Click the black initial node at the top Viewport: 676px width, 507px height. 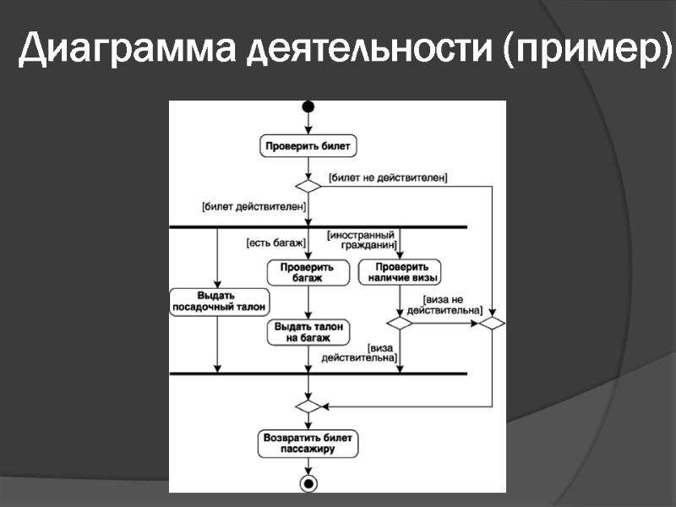click(308, 107)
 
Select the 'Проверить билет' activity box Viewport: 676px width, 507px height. click(308, 146)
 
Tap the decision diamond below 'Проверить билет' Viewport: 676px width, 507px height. click(308, 186)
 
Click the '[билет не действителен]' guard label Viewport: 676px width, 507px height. click(388, 177)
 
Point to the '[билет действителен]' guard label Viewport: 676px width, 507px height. click(253, 205)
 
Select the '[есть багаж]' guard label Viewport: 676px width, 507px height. click(275, 243)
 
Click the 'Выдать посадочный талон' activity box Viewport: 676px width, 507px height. click(218, 301)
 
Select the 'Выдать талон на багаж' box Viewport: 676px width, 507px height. click(308, 332)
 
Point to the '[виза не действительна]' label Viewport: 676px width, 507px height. click(444, 304)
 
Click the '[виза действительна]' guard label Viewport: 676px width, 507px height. click(360, 352)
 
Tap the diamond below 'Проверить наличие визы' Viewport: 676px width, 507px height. click(400, 323)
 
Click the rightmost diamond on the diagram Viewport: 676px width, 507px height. click(492, 323)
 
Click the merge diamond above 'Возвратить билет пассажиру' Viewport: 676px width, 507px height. click(308, 406)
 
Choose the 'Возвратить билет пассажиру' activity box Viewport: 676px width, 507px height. click(308, 444)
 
